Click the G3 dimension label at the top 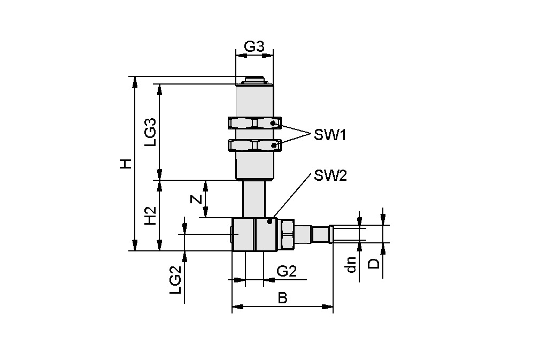point(254,47)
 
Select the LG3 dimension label point(151,132)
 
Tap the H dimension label point(125,164)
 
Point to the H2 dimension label point(151,215)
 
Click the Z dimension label point(197,198)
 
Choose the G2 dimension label point(286,271)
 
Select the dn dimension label point(351,264)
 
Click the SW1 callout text point(330,135)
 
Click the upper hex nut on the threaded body point(254,124)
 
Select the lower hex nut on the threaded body point(254,145)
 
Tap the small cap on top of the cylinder point(254,81)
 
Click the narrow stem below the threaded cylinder point(254,198)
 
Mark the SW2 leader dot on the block point(270,221)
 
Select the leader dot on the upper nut point(273,124)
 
